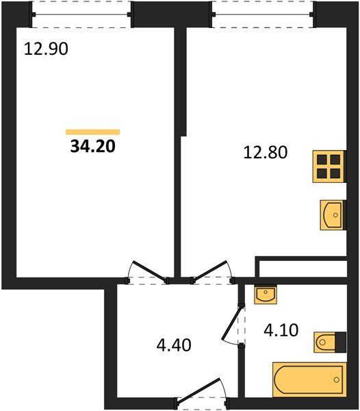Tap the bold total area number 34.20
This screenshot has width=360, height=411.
tap(93, 145)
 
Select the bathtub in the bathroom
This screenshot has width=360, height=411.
tap(309, 378)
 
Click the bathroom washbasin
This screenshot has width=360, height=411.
tap(264, 295)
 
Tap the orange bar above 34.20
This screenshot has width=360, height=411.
tap(92, 132)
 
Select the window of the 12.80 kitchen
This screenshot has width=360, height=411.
tap(263, 14)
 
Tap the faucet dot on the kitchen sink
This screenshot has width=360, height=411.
tap(336, 214)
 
